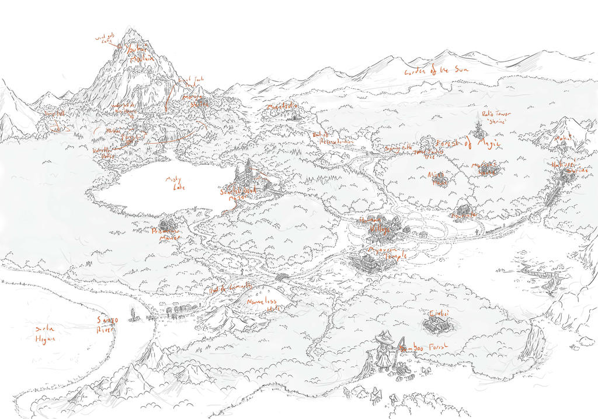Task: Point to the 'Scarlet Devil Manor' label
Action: [x=237, y=193]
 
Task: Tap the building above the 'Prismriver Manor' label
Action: [x=166, y=223]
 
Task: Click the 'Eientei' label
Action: [x=438, y=313]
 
